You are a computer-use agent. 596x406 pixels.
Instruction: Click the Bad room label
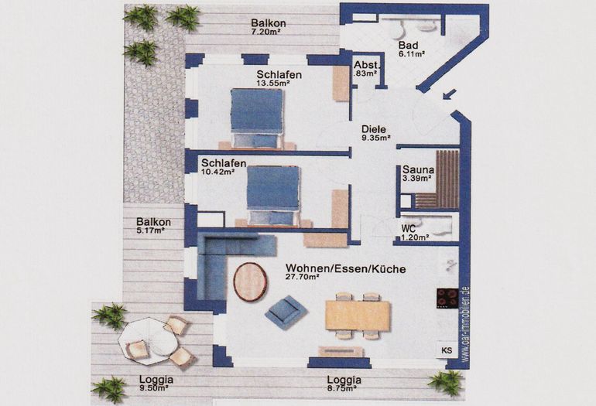(408, 45)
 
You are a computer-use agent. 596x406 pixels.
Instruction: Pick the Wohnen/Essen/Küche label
(345, 269)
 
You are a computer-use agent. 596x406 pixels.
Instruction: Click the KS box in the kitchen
(447, 350)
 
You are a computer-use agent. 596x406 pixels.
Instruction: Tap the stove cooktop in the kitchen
(447, 297)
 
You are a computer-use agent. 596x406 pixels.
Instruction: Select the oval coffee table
(250, 281)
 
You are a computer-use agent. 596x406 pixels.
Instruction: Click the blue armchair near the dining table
(286, 312)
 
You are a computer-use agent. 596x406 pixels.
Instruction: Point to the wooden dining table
(358, 315)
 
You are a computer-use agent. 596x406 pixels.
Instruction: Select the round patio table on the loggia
(147, 341)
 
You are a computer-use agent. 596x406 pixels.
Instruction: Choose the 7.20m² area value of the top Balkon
(268, 33)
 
